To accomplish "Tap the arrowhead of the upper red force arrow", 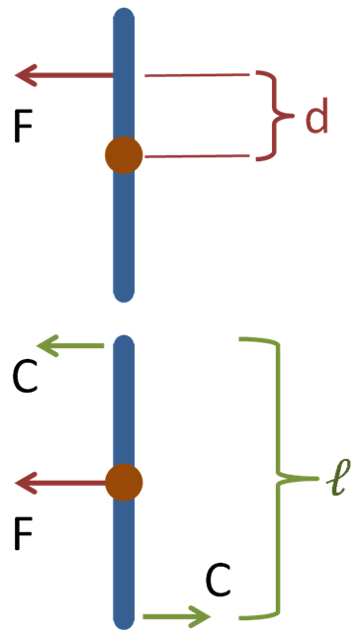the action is tap(26, 75).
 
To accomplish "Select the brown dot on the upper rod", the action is tap(124, 155).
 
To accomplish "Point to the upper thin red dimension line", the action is tap(197, 75).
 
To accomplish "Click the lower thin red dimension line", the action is tap(197, 156).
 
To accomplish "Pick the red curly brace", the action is tap(275, 116).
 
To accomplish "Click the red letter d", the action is tap(316, 117).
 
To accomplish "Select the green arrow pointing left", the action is tap(70, 345).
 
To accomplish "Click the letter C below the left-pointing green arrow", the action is tap(25, 376).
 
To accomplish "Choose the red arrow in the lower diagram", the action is tap(60, 483).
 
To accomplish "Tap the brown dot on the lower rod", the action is tap(124, 483).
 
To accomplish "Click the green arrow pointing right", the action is tap(176, 616).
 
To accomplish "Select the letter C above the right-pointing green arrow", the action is tap(218, 581).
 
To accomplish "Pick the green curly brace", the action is tap(280, 478).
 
